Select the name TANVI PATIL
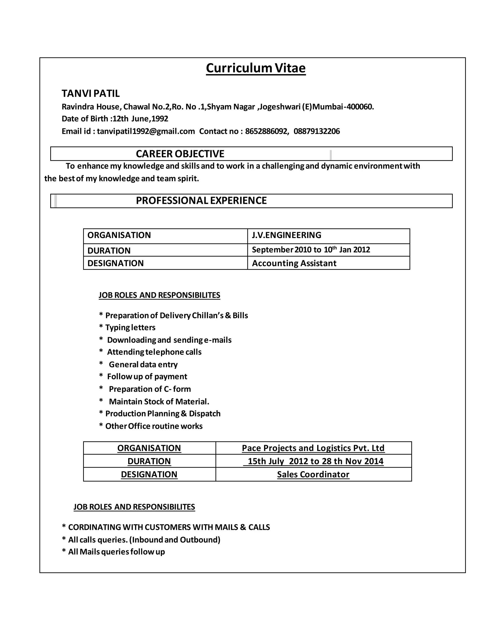tap(91, 93)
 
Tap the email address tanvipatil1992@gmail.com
tap(146, 131)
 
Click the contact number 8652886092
tap(266, 131)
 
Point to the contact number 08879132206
tap(317, 131)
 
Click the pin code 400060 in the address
tap(359, 107)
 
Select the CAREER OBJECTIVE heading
tap(180, 154)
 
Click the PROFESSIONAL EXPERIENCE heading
tap(201, 200)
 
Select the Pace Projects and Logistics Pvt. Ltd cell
tap(313, 448)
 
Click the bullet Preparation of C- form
tap(149, 389)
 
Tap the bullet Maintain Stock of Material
tap(159, 402)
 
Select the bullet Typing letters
tap(130, 327)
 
